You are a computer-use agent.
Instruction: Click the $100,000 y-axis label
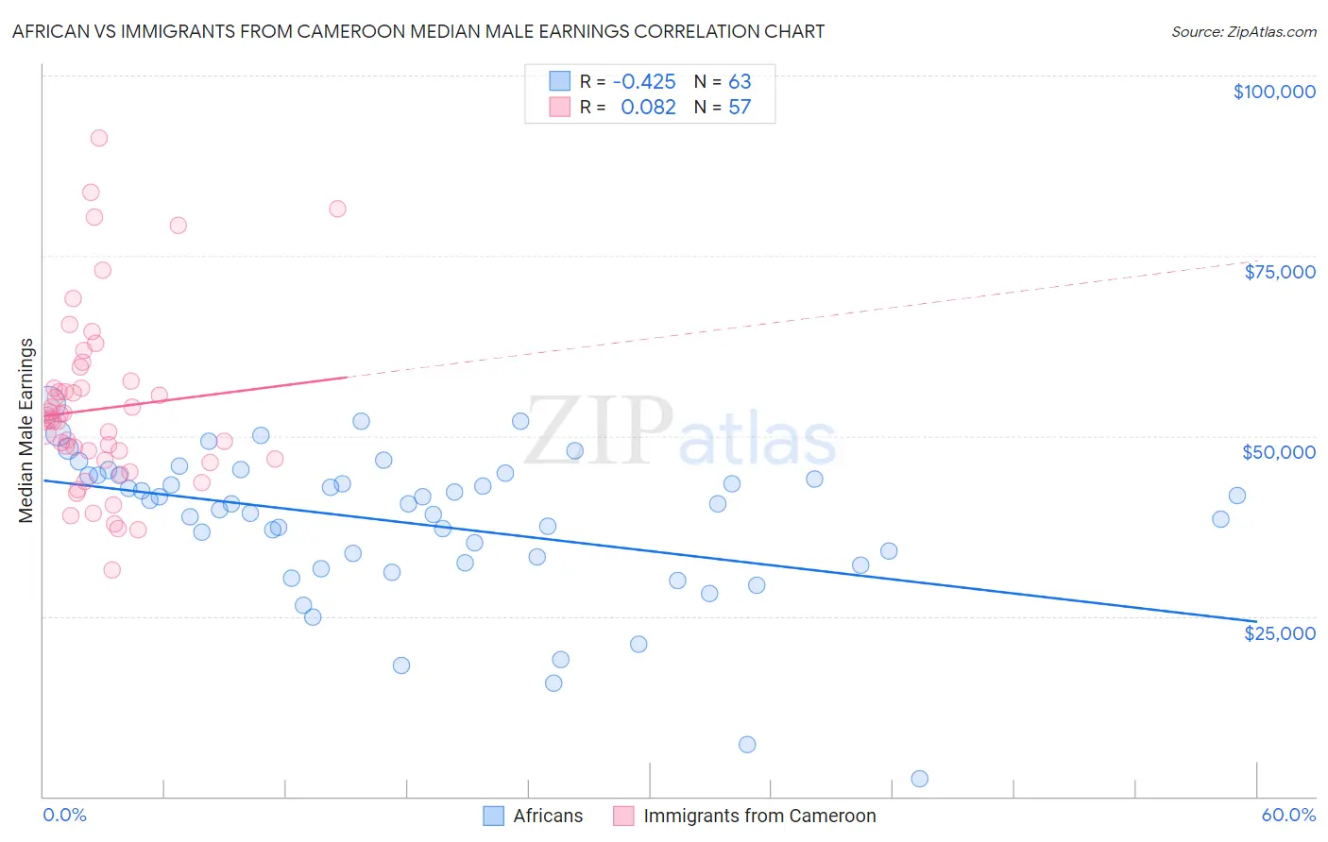(1273, 92)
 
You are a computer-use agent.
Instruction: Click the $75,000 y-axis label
(1279, 272)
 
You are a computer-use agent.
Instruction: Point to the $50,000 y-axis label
(1278, 452)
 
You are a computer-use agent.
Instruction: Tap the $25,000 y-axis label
(1279, 633)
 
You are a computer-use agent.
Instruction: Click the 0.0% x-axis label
(64, 816)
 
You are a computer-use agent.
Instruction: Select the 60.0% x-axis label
(1287, 816)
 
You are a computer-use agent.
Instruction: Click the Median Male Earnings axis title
(26, 430)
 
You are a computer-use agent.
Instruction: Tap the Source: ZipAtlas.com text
(1243, 31)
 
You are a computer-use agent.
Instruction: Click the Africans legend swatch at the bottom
(493, 816)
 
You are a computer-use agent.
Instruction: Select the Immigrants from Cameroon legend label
(759, 816)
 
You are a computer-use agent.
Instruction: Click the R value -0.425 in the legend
(644, 81)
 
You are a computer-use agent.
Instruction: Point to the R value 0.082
(648, 108)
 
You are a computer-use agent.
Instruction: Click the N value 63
(740, 81)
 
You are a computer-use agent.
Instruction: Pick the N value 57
(740, 108)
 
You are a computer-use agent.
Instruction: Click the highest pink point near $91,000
(98, 138)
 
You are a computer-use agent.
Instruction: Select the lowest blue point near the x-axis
(919, 779)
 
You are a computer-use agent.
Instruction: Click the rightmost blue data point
(1236, 496)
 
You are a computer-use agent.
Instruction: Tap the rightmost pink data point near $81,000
(337, 209)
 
